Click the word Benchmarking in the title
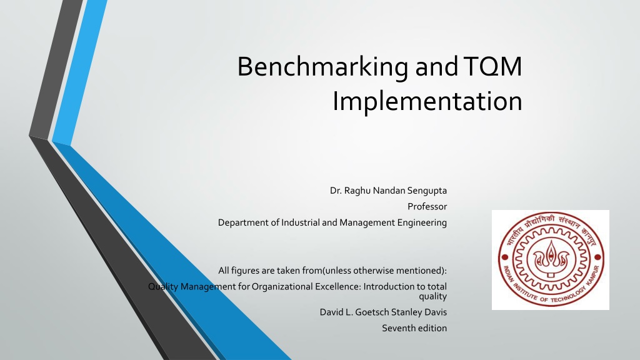(323, 66)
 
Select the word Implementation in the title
(427, 101)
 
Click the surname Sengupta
(427, 191)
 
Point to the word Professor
(427, 206)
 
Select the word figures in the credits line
(247, 271)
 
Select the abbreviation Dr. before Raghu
(336, 191)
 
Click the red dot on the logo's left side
(504, 257)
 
